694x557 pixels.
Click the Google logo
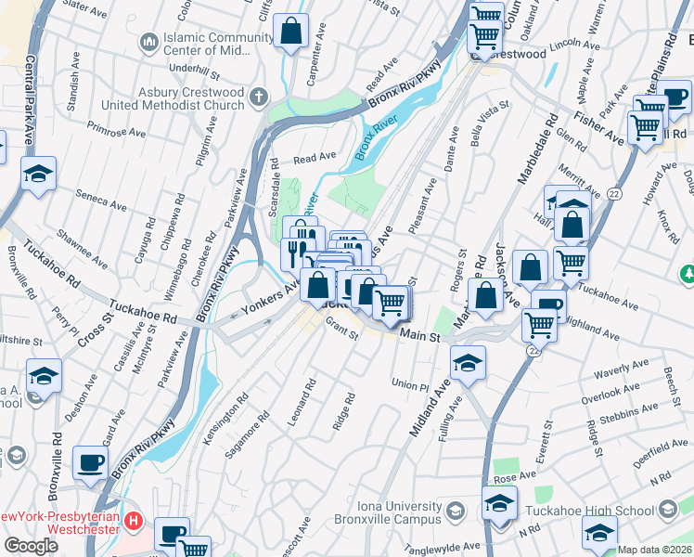tap(32, 546)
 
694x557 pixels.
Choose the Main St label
tap(420, 335)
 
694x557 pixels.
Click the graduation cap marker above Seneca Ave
tap(39, 175)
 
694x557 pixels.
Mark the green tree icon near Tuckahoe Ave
tap(688, 275)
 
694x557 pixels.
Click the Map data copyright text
tap(655, 550)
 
